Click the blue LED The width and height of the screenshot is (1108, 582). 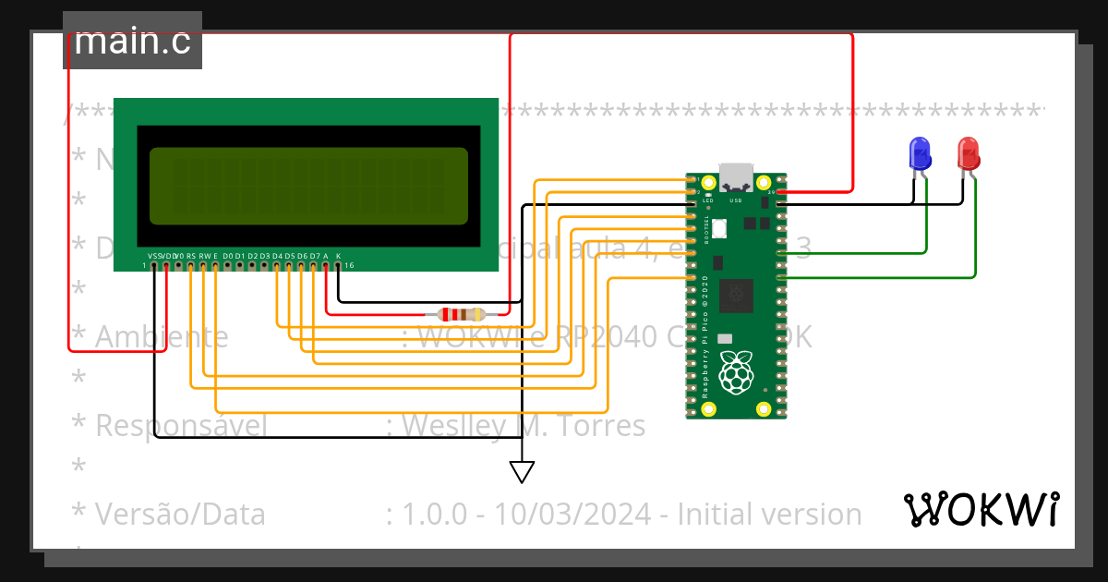point(920,152)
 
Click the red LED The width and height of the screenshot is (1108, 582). point(968,152)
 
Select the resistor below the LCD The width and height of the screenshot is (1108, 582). point(462,314)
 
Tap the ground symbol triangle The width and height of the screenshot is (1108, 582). point(522,472)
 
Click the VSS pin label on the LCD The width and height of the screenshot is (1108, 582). point(154,256)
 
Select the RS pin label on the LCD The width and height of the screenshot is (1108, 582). point(191,256)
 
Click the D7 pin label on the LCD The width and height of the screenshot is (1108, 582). point(314,256)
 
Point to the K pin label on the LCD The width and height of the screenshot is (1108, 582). point(338,256)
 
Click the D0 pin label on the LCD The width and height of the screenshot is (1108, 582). point(227,256)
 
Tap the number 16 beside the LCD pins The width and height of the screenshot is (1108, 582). point(349,265)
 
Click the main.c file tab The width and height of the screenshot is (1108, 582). point(132,41)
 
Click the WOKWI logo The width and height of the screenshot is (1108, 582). point(981,509)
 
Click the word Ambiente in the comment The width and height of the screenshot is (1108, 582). point(162,337)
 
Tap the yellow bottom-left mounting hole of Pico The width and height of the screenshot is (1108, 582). point(709,408)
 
